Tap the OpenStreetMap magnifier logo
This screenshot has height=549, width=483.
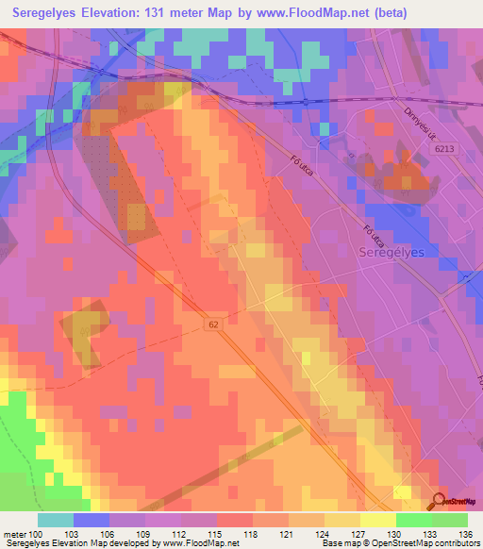440,502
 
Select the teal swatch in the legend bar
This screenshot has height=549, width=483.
56,520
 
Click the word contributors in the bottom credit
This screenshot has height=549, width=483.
456,543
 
